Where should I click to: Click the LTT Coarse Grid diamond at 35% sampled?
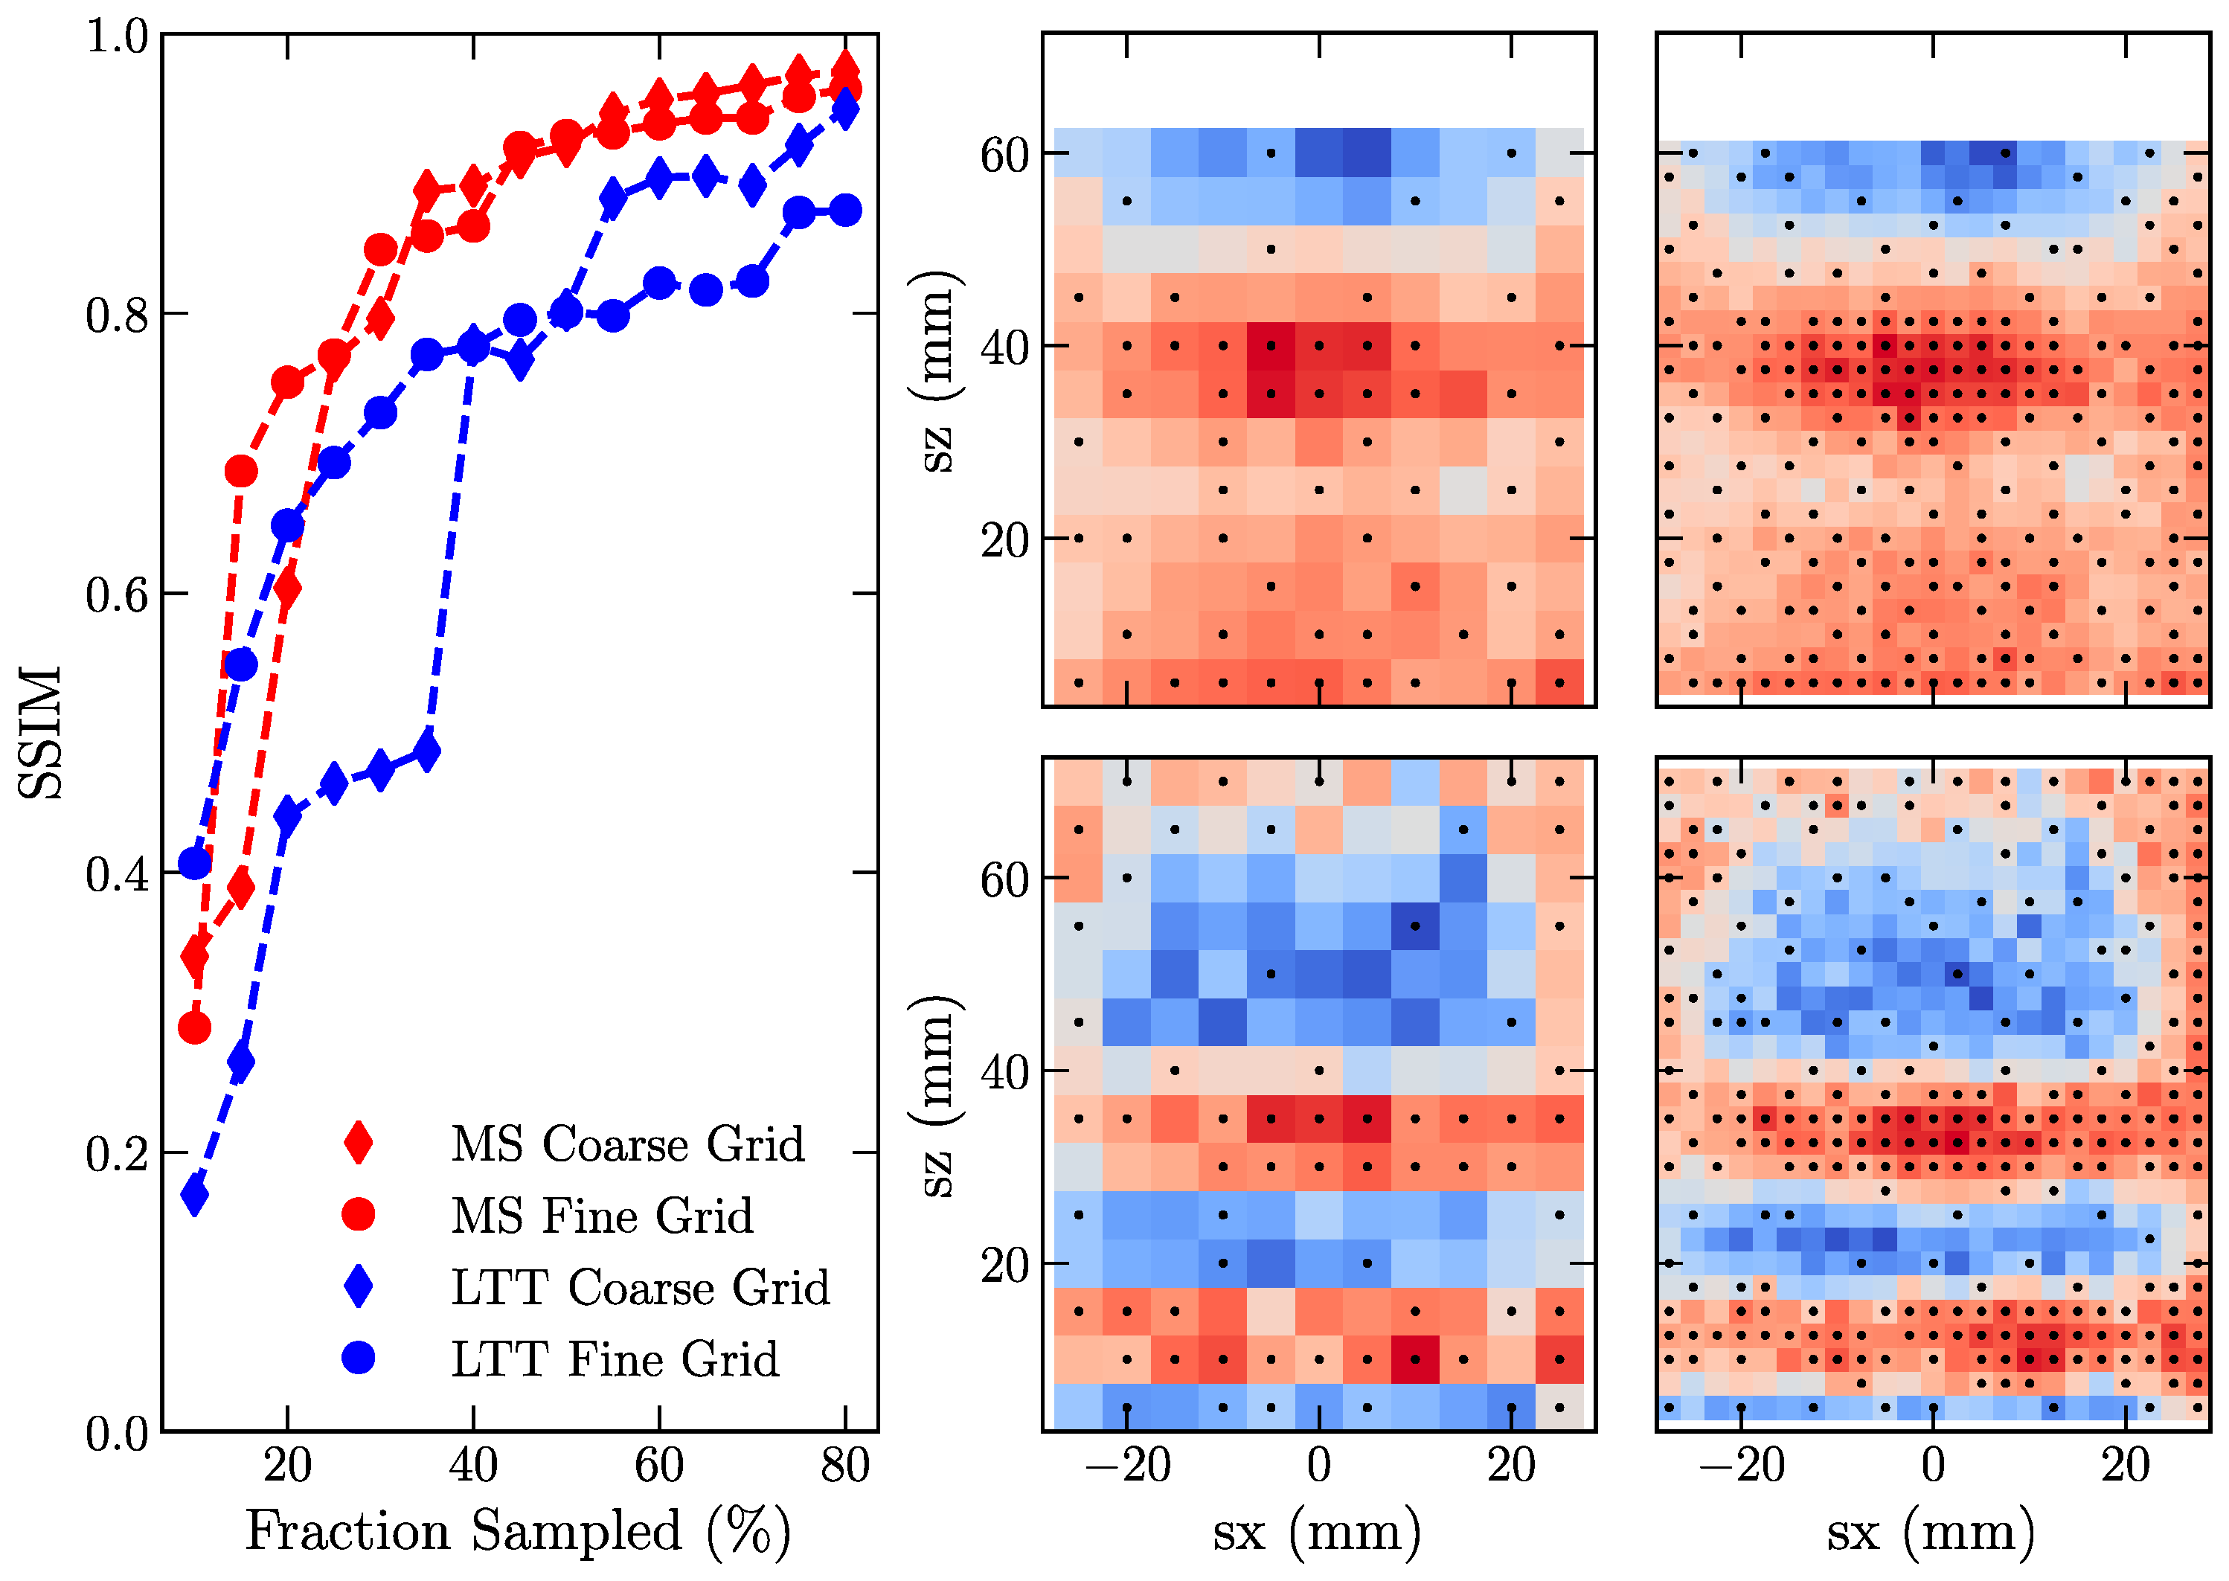coord(426,751)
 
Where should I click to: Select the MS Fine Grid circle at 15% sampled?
coord(240,471)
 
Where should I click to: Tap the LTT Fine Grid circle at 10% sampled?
coord(195,862)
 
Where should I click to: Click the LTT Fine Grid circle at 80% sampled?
coord(845,211)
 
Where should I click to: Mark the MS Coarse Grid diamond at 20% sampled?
coord(287,588)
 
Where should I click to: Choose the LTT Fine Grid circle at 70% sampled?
coord(752,282)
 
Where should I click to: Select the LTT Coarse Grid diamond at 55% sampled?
coord(612,198)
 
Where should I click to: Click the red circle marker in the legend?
coord(358,1214)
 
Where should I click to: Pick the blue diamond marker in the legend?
coord(358,1286)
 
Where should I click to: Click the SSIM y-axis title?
coord(41,732)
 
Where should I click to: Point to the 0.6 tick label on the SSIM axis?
coord(117,594)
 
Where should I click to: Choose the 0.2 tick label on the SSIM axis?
coord(117,1154)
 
